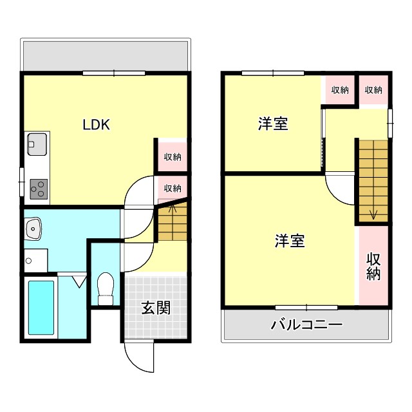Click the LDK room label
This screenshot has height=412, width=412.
coord(96,125)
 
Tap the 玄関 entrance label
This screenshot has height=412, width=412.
coord(156,308)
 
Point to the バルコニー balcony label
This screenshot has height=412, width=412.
coord(306,324)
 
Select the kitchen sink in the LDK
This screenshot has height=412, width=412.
coord(36,144)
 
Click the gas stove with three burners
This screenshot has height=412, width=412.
coord(38,188)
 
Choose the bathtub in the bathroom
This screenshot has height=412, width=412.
coord(41,308)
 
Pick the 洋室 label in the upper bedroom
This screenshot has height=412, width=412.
coord(273,124)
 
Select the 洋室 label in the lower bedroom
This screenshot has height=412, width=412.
coord(289,241)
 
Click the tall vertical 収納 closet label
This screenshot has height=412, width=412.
coord(373,267)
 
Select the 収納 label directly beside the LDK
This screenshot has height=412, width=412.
coord(172,156)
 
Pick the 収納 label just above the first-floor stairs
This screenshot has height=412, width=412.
coord(172,188)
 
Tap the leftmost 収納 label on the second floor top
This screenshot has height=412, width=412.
coord(340,90)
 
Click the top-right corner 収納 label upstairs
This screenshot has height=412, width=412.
coord(373,90)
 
